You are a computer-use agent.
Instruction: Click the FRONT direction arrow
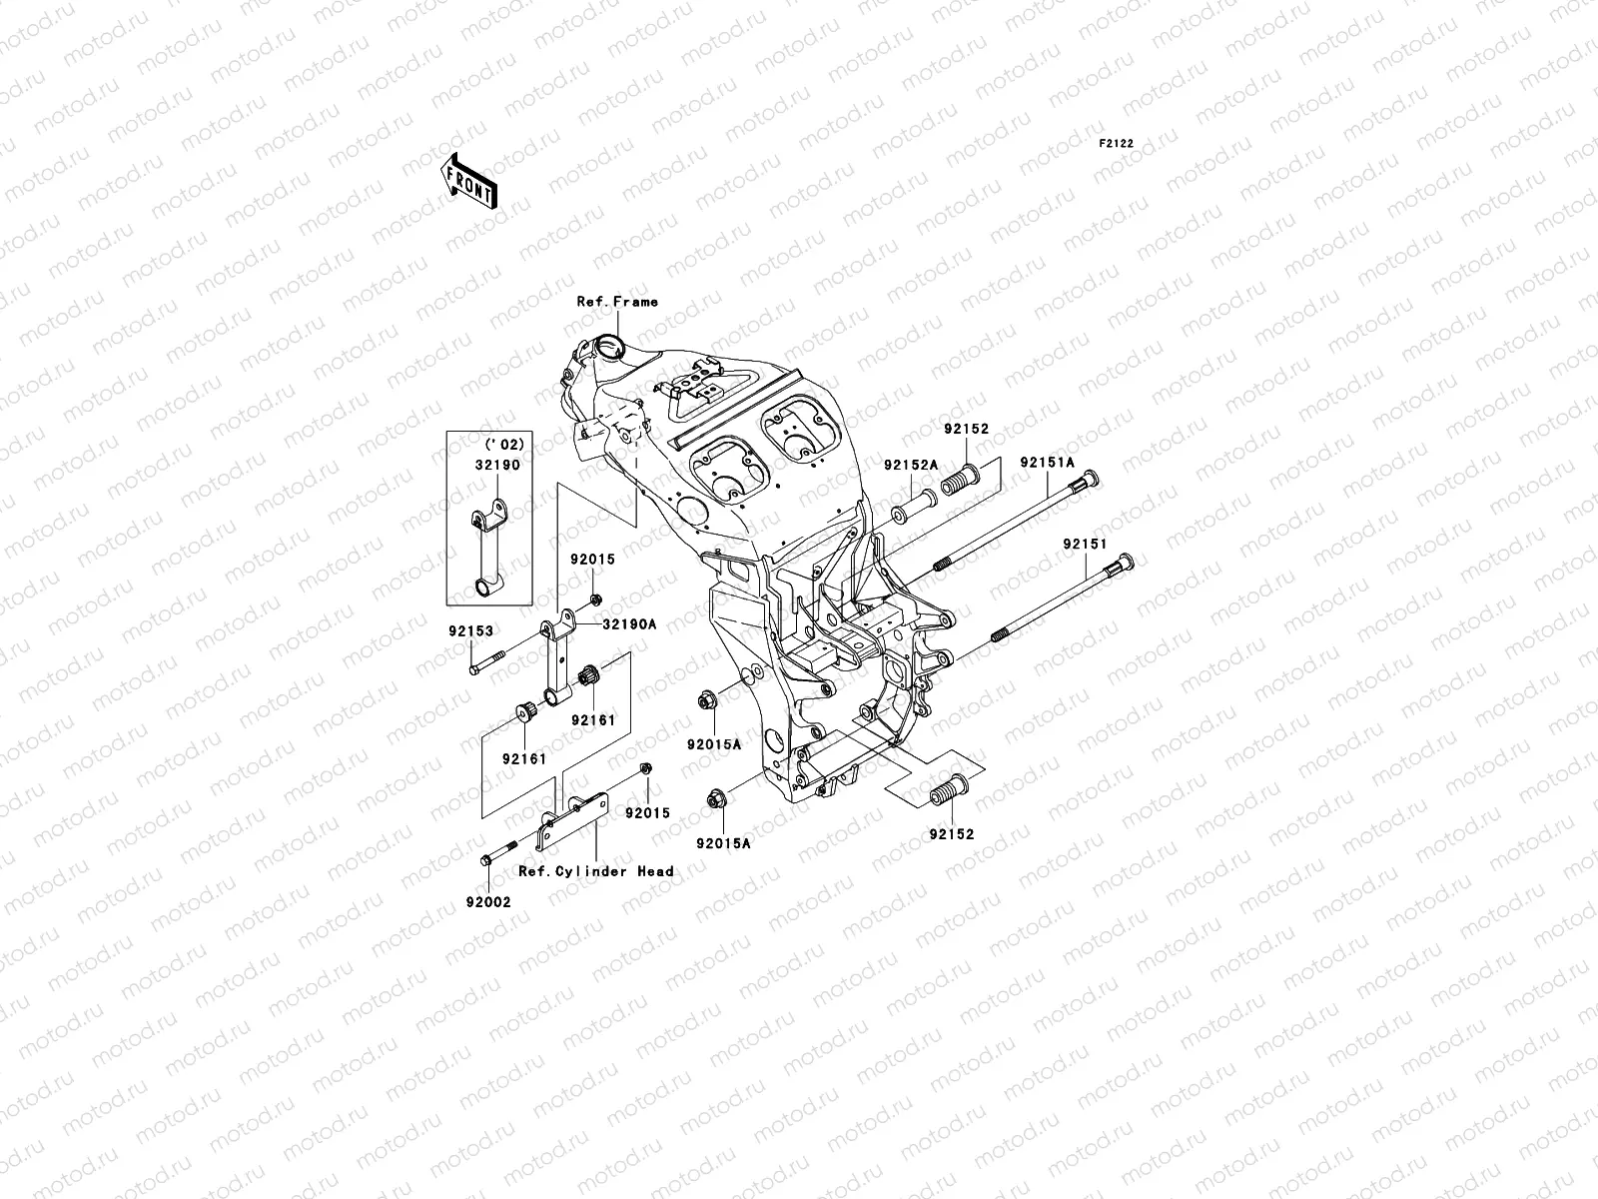pyautogui.click(x=484, y=180)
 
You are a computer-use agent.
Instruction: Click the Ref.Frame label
pyautogui.click(x=617, y=301)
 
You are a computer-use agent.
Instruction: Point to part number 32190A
pyautogui.click(x=628, y=623)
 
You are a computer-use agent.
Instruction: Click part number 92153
pyautogui.click(x=470, y=631)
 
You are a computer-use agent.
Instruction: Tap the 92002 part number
pyautogui.click(x=487, y=901)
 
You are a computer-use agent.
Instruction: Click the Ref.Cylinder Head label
pyautogui.click(x=595, y=871)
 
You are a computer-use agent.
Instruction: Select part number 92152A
pyautogui.click(x=910, y=465)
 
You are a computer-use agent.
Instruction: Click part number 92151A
pyautogui.click(x=1047, y=463)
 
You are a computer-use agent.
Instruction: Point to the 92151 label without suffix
pyautogui.click(x=1085, y=545)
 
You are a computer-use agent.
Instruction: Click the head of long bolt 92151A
pyautogui.click(x=1089, y=480)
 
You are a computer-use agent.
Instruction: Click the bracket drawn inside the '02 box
pyautogui.click(x=488, y=550)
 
